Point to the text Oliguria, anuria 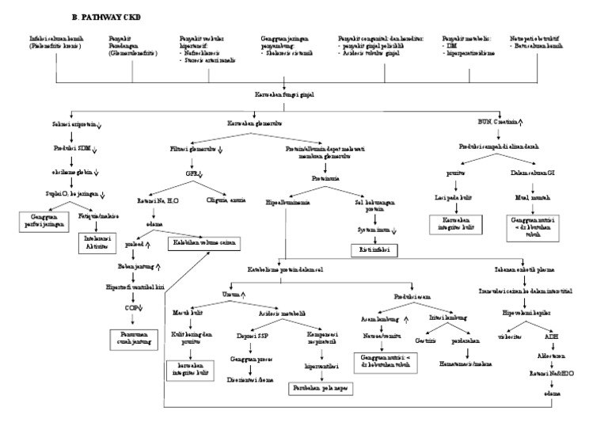pos(225,200)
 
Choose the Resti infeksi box pos(374,250)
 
